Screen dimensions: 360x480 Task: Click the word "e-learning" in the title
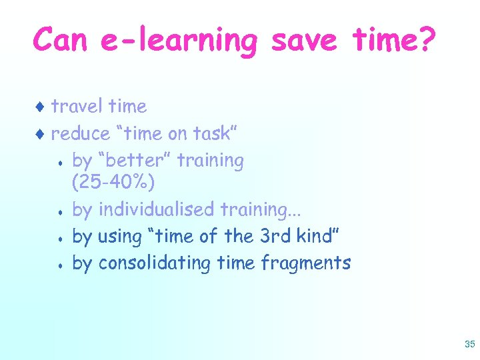179,41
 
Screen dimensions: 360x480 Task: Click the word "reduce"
81,133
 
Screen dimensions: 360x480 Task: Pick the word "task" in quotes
210,133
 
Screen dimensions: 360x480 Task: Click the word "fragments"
306,263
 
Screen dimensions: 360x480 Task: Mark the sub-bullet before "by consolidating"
61,265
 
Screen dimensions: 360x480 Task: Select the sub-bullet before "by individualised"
61,211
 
